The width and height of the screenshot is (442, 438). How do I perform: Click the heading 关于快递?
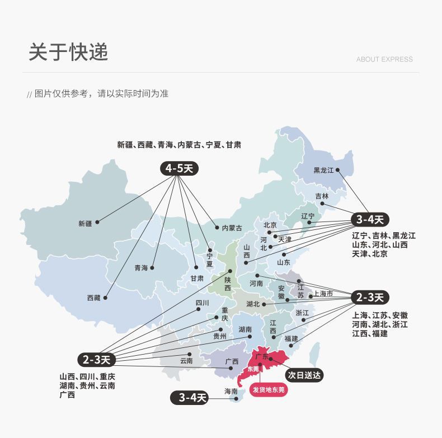click(x=68, y=52)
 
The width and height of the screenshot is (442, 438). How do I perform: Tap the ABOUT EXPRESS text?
click(x=384, y=59)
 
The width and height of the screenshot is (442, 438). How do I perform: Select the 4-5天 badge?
click(x=180, y=168)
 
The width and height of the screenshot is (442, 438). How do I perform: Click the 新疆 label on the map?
click(x=85, y=223)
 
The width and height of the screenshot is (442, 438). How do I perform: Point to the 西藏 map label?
click(x=93, y=298)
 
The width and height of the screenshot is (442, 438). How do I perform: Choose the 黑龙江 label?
click(x=323, y=170)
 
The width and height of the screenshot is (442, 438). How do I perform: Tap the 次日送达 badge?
click(x=304, y=375)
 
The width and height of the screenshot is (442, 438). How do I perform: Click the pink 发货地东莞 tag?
click(x=269, y=389)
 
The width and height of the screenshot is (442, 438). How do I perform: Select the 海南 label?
click(x=231, y=392)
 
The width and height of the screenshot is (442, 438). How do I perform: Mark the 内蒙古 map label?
click(x=232, y=228)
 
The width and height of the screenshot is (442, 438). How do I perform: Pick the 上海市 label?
click(x=323, y=294)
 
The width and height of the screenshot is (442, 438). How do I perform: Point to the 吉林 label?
click(x=322, y=196)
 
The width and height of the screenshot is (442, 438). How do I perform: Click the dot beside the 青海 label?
click(x=152, y=267)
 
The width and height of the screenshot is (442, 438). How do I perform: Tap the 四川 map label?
click(x=202, y=303)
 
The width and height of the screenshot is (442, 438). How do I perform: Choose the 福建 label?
click(x=291, y=339)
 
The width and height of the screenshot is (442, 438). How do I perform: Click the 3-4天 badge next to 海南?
click(x=189, y=398)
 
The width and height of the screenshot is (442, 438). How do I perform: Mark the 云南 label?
click(x=186, y=361)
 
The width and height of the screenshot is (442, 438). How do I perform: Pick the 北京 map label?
click(x=270, y=225)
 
